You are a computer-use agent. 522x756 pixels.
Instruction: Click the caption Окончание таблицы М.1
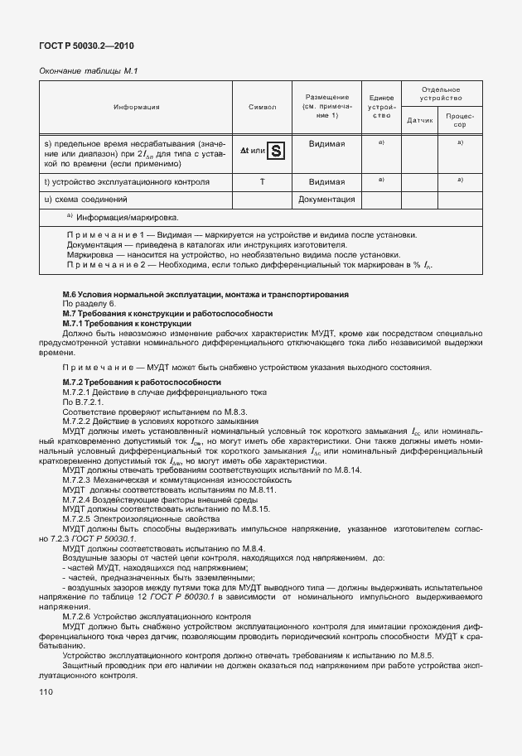(88, 71)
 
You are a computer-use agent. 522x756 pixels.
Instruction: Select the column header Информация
(137, 107)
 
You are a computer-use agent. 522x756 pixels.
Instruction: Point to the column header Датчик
(421, 121)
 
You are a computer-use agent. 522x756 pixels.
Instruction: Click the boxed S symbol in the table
(277, 151)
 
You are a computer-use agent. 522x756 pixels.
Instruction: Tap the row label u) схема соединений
(85, 200)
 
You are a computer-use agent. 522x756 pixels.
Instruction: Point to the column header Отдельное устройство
(440, 94)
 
